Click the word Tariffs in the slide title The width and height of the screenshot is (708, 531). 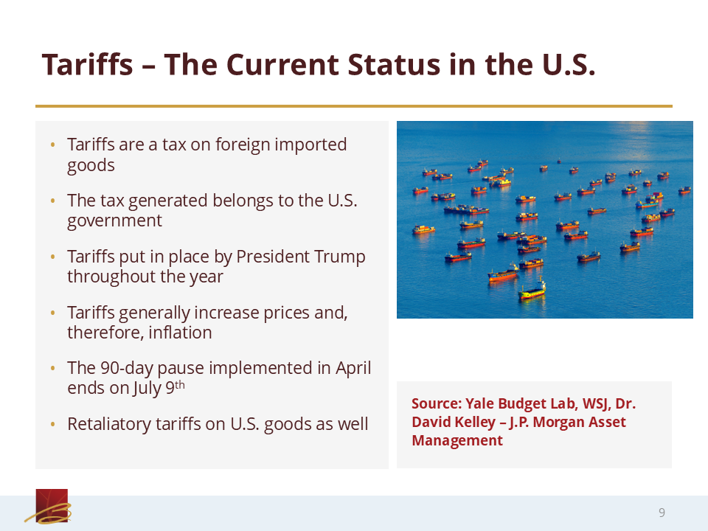pos(88,64)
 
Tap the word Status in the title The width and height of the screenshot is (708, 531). pos(394,64)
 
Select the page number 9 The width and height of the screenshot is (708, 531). pos(662,513)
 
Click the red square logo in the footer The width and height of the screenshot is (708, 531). pos(52,505)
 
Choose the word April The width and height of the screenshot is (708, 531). pos(353,368)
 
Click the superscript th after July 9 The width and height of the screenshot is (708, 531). pos(180,385)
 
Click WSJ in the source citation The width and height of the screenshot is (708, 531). pos(597,403)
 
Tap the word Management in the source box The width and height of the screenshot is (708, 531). pos(457,440)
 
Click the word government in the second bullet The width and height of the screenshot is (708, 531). pos(114,221)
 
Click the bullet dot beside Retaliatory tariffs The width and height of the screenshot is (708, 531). pos(53,425)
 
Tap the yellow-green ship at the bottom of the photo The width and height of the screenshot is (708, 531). pos(532,292)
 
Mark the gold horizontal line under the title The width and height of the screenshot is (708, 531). pos(354,106)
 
